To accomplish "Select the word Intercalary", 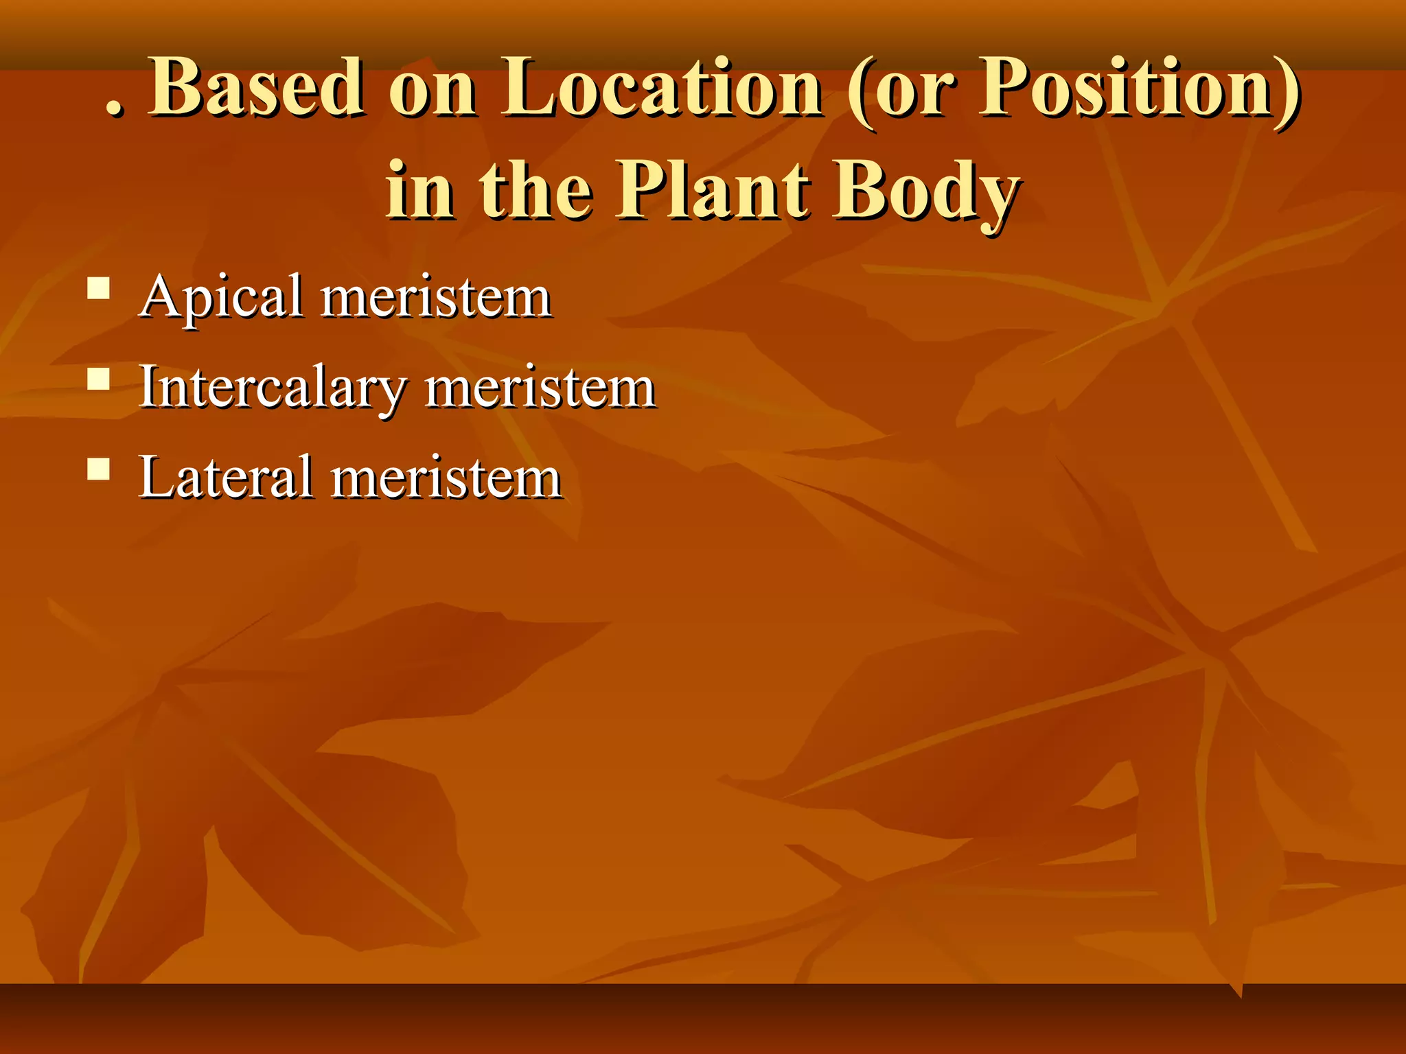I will (271, 388).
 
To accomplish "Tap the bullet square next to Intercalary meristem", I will (99, 379).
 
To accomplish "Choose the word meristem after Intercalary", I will (540, 389).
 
